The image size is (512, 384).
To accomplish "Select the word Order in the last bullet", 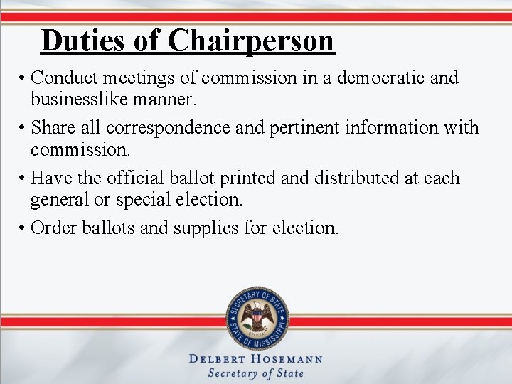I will coord(52,228).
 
